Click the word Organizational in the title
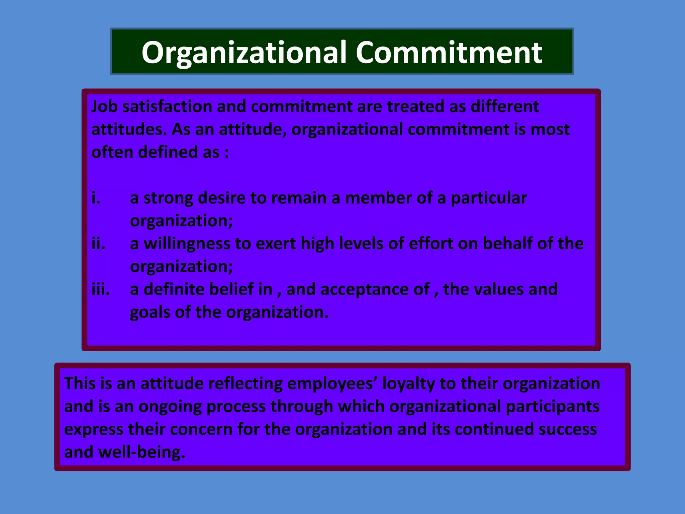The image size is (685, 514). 244,53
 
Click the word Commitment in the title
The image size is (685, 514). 449,53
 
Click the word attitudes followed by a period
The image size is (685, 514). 129,130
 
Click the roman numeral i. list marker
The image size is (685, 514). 96,198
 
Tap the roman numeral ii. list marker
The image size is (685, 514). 98,244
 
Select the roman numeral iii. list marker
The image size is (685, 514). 101,289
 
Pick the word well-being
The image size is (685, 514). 141,452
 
